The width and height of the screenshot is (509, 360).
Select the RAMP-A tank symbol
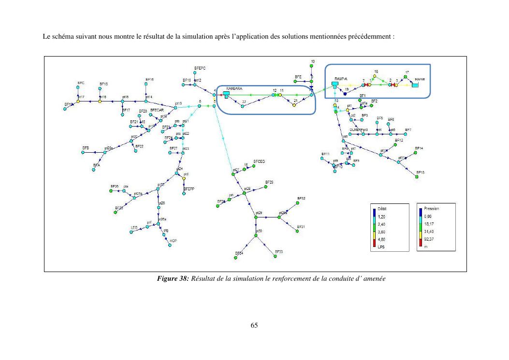click(334, 85)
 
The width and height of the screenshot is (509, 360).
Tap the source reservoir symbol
click(415, 85)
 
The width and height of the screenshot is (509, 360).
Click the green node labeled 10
click(312, 66)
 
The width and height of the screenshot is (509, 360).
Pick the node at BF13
click(417, 177)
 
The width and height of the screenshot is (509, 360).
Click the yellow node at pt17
click(78, 101)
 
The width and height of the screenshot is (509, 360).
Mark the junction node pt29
click(256, 218)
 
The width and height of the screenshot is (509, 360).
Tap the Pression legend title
click(431, 208)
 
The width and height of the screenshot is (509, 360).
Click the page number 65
click(254, 325)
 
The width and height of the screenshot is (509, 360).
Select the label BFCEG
click(259, 161)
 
